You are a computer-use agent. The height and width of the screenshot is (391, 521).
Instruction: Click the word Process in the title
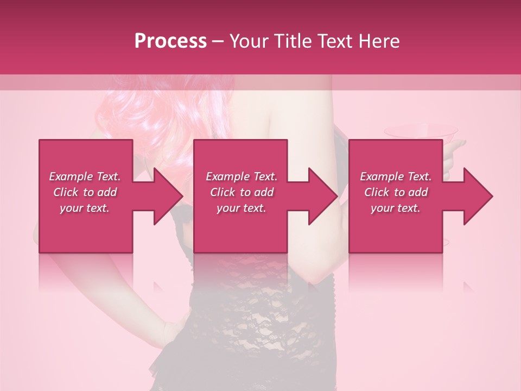click(170, 41)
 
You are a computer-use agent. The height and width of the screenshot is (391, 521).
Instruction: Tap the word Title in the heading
click(291, 41)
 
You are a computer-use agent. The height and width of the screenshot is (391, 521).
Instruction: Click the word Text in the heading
click(333, 41)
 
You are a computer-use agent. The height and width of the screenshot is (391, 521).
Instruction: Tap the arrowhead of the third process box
click(477, 196)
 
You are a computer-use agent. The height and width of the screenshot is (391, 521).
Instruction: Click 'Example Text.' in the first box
click(85, 176)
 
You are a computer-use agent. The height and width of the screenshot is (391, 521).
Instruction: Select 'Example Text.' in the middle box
click(242, 176)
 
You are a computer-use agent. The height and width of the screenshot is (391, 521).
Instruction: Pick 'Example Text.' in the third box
click(396, 176)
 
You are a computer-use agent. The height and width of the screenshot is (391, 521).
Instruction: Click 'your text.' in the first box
click(85, 208)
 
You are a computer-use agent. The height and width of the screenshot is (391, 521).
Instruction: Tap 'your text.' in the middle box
click(242, 208)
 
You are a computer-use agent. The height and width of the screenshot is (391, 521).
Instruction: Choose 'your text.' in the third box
click(396, 208)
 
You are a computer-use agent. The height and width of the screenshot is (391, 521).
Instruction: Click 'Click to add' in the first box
click(85, 192)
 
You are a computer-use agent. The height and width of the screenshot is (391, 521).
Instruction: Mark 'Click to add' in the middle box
click(242, 192)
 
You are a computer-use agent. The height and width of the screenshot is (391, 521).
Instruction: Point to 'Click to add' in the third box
click(396, 192)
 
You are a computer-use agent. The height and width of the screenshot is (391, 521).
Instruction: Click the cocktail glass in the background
click(421, 133)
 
